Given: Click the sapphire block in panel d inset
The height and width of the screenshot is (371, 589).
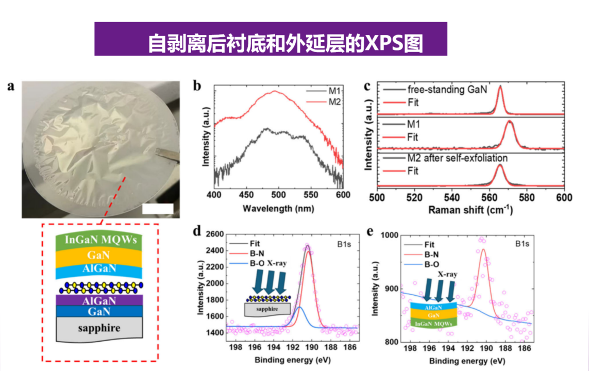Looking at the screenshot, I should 266,309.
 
